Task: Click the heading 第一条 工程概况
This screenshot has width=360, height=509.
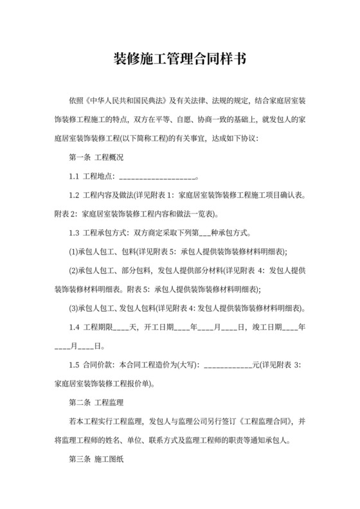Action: [x=96, y=157]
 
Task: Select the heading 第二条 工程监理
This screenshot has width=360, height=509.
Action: [x=96, y=403]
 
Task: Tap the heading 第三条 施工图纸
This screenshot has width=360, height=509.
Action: [x=96, y=460]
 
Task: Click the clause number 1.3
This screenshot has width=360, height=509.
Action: [x=73, y=233]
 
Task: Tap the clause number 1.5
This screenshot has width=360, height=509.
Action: [x=73, y=365]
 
